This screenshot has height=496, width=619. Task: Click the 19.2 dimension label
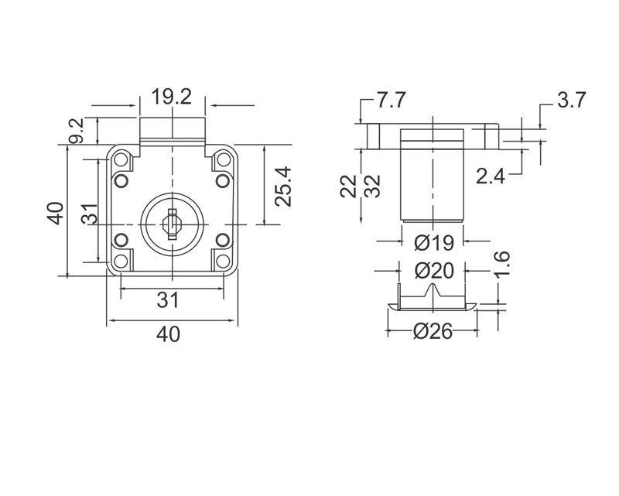tap(171, 97)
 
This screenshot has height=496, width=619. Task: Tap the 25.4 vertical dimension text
tap(283, 185)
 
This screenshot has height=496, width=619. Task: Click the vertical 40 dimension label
tap(54, 213)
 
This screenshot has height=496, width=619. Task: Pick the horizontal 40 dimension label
tap(169, 334)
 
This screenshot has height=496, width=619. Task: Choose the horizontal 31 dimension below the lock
tap(169, 300)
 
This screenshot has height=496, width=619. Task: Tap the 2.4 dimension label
tap(491, 177)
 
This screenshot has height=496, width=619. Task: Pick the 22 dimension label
tap(350, 186)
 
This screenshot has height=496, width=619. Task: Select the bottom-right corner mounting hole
tap(223, 261)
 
